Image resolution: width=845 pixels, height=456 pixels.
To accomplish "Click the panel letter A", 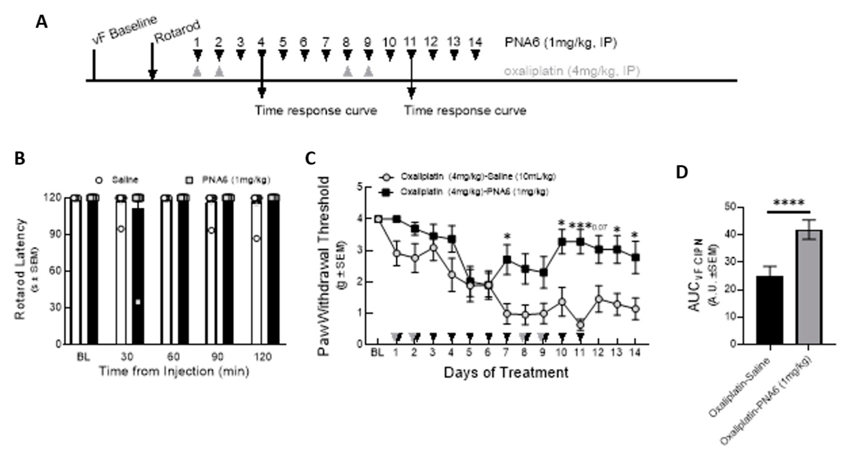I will pos(42,22).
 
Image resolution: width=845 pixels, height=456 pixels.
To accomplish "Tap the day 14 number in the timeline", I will pos(475,42).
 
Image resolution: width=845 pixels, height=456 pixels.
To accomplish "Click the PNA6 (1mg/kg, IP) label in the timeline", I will pos(561,43).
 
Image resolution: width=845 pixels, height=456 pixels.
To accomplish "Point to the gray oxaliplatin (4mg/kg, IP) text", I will pos(572,71).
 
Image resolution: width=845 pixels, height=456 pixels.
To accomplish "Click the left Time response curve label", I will pos(316,110).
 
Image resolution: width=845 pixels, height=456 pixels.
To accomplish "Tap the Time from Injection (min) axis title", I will pos(174,371).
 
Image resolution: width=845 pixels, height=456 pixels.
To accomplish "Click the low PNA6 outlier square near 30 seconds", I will pos(138,302).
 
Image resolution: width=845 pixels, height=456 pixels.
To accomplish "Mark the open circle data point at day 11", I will pos(581,325).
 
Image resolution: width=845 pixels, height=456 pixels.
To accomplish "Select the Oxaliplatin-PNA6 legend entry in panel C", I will pos(466,192).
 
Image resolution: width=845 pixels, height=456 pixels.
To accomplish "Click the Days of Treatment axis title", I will pos(506,373).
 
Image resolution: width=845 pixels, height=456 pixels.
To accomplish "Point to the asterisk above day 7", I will pos(507,236).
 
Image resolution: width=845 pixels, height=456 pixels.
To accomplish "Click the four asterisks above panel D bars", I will pos(789,203).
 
